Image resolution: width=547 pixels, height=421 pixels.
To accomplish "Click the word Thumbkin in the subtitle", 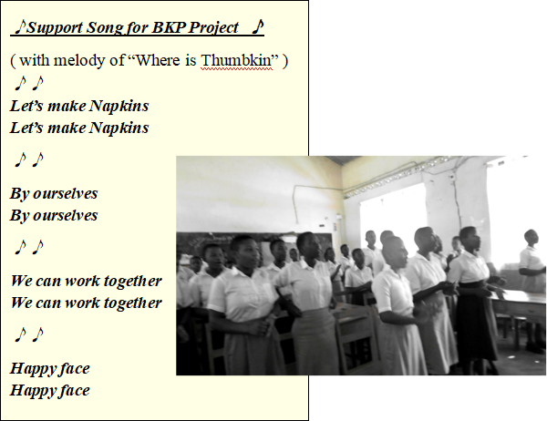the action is (236, 60).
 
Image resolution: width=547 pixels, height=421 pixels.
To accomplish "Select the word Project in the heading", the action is (214, 28).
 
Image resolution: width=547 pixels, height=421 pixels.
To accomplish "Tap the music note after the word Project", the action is (258, 27).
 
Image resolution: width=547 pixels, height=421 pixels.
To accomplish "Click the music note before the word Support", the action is (21, 27).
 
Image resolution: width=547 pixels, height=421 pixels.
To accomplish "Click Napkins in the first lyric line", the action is (119, 107).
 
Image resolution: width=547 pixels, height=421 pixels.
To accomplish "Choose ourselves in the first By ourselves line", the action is (66, 194).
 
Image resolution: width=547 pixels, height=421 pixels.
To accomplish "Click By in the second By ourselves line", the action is (19, 216).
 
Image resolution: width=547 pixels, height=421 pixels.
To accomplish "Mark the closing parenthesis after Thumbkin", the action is (285, 61).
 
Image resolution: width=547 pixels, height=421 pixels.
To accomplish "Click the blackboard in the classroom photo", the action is (254, 244).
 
